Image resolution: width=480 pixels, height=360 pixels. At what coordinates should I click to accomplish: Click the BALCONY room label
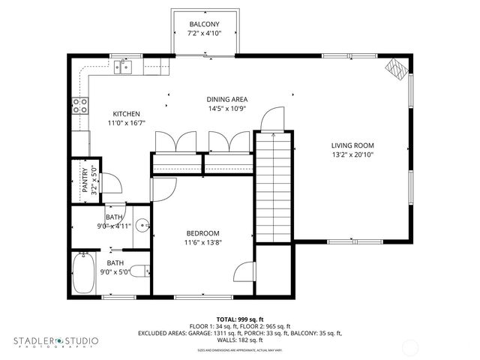coord(204,24)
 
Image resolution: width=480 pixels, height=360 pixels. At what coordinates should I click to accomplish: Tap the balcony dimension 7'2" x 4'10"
coord(204,34)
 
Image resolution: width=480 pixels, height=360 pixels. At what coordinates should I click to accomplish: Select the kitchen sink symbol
coord(124,68)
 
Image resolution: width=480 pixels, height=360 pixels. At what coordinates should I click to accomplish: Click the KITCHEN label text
coord(126,114)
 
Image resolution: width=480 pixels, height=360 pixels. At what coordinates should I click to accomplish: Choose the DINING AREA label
coord(226,99)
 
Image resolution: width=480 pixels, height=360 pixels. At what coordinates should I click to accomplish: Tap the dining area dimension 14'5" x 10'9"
coord(226,109)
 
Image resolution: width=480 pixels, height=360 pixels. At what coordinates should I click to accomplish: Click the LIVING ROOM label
coord(352,145)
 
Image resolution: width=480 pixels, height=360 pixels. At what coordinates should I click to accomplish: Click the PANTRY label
coord(85,180)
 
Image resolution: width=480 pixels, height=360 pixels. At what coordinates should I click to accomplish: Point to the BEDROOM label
coord(202,232)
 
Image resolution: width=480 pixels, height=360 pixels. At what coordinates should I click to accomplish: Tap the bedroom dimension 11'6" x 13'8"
coord(202,242)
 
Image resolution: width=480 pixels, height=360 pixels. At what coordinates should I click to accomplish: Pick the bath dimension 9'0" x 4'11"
coord(114,226)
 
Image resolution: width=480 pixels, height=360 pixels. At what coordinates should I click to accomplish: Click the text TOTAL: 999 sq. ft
coord(240,319)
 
